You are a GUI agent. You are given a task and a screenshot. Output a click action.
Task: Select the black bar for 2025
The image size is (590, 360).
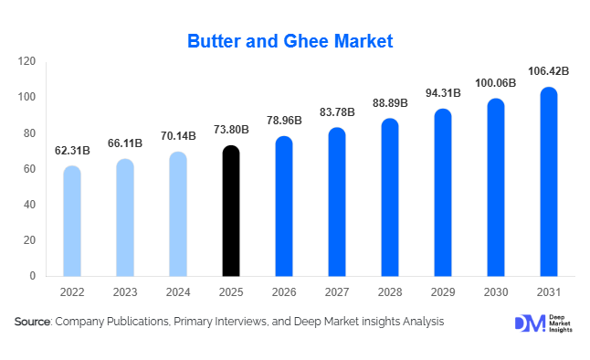231,211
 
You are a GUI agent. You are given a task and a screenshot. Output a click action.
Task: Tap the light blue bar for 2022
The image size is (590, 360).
72,221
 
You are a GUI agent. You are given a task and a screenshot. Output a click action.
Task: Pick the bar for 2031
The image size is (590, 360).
549,182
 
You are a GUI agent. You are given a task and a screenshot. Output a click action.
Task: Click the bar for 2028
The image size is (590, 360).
390,197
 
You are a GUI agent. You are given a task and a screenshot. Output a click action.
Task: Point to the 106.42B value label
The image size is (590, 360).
549,70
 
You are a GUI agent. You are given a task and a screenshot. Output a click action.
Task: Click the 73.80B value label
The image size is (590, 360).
231,129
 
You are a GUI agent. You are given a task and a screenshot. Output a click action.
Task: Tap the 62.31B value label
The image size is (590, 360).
72,149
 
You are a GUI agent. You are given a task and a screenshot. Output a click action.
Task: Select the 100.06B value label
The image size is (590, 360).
496,82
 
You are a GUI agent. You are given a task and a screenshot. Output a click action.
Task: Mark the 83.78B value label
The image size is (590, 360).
337,111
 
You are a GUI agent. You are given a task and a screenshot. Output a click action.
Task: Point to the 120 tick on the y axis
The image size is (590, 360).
27,61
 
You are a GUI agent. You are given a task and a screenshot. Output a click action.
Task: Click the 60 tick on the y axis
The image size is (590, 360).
30,169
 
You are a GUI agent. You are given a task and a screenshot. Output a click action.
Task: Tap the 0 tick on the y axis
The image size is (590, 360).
33,276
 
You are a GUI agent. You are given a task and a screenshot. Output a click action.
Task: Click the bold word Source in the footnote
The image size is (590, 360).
32,322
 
